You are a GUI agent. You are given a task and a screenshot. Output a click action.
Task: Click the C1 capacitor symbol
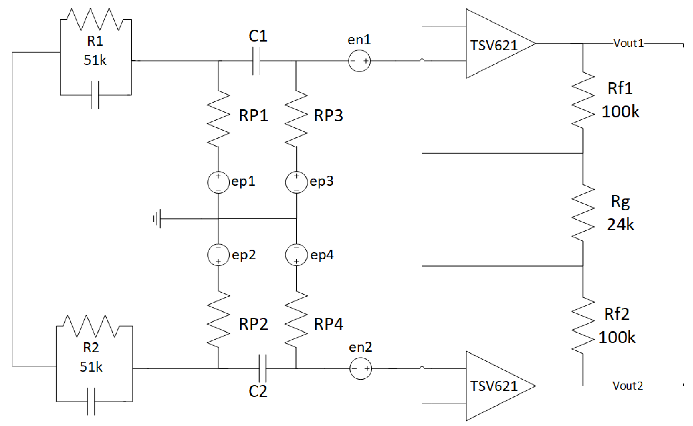tap(256, 61)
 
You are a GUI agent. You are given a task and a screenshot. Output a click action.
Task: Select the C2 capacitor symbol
tap(262, 368)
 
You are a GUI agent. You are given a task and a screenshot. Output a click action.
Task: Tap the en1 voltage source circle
tap(359, 61)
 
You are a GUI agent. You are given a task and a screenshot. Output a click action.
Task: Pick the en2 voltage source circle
tap(360, 368)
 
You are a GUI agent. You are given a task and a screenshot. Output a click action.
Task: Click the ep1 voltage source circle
tap(218, 182)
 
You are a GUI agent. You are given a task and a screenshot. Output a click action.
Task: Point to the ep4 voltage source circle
tap(296, 255)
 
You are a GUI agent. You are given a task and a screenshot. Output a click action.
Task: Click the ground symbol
tap(157, 219)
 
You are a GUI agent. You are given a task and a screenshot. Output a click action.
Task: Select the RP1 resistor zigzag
tap(218, 118)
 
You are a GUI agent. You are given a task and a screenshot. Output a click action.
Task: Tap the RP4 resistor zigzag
tap(296, 319)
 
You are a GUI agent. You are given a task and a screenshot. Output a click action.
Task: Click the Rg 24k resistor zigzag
tap(583, 213)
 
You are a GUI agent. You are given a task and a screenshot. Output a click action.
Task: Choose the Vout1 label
tap(628, 43)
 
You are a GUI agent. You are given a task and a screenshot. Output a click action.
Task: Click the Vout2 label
tap(628, 386)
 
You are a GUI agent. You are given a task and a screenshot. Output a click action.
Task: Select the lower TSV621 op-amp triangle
tap(496, 386)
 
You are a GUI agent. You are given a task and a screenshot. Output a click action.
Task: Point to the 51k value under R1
tap(95, 60)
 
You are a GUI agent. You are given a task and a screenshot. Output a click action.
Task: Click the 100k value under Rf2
tap(617, 337)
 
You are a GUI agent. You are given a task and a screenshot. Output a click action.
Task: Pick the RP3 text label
tap(328, 116)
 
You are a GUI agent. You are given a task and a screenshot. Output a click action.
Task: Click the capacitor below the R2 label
tap(91, 401)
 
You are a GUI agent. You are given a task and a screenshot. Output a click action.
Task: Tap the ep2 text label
tap(244, 255)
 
